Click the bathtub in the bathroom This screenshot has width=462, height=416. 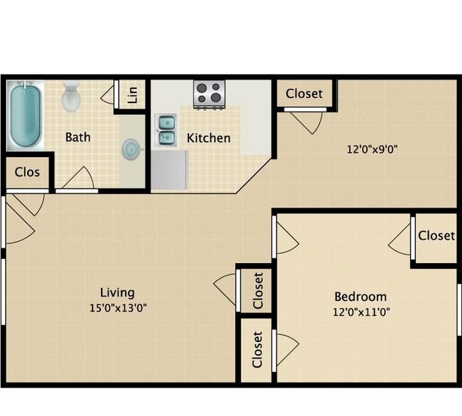click(25, 115)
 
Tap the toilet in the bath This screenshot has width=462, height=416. click(71, 97)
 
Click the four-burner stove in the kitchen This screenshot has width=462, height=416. click(209, 95)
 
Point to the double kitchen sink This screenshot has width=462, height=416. click(166, 130)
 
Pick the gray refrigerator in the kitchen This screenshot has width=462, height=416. click(169, 170)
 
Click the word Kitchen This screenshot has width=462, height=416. click(208, 138)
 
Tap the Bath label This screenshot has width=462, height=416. click(77, 137)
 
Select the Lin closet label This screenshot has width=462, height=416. click(133, 95)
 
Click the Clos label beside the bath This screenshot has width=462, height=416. click(27, 172)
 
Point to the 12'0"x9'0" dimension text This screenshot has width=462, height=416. click(372, 149)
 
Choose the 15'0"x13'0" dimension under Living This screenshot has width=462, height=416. click(118, 308)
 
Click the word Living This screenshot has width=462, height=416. click(117, 292)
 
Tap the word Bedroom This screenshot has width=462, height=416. click(360, 297)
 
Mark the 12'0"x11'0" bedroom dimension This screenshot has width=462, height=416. click(361, 311)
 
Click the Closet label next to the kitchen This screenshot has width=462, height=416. click(304, 94)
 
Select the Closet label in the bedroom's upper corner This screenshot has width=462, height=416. click(436, 235)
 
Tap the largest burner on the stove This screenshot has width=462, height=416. click(216, 97)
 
